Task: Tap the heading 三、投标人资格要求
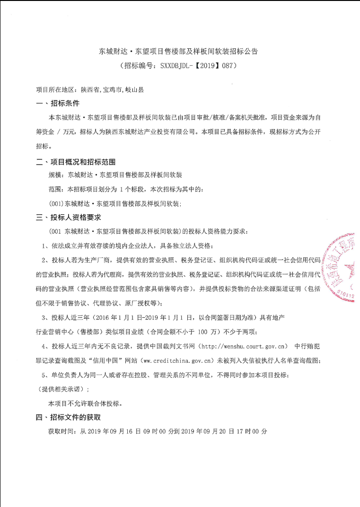[x=69, y=218]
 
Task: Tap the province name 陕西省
[x=89, y=89]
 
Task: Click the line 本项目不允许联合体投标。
[x=86, y=403]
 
